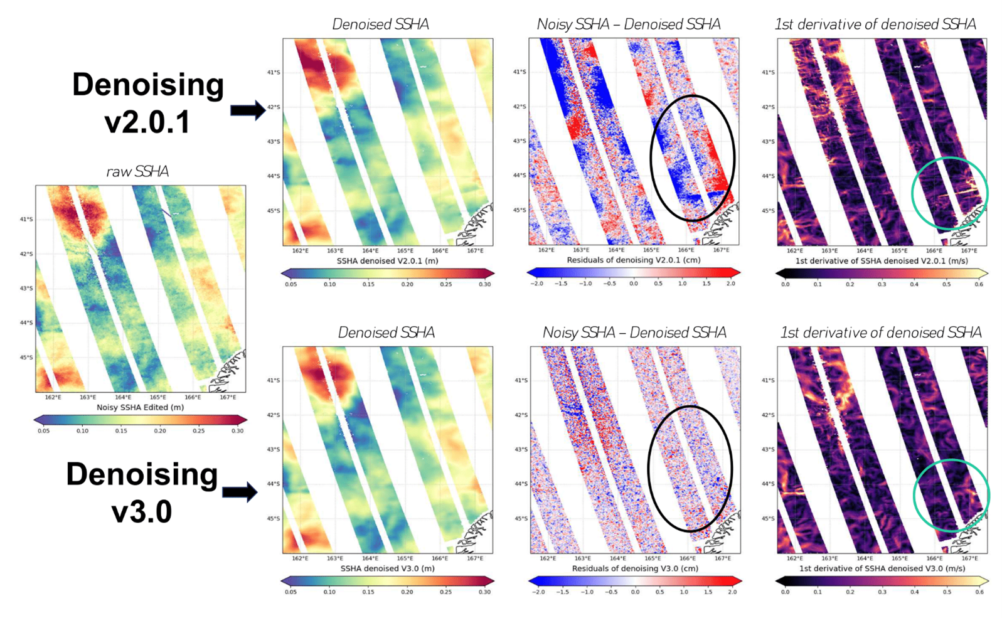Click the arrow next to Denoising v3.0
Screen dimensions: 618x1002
[x=240, y=491]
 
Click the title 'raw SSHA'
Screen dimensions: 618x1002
[x=137, y=172]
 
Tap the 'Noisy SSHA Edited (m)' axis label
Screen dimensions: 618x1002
[x=140, y=407]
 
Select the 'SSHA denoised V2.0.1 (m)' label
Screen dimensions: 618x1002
[x=387, y=260]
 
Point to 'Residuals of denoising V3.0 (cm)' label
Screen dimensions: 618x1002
[x=633, y=568]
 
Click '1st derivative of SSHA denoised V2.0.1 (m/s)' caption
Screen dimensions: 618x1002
[x=881, y=260]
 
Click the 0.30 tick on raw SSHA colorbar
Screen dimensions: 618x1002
[x=237, y=431]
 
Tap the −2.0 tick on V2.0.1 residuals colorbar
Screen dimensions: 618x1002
[x=536, y=284]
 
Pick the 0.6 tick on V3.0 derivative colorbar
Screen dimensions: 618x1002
[x=978, y=592]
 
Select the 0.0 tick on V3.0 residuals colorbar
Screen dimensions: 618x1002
[x=636, y=592]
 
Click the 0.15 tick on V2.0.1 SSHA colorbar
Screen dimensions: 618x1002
[x=368, y=284]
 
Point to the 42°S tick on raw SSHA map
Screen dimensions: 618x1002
[x=26, y=254]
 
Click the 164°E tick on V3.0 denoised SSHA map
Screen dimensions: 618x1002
[x=370, y=558]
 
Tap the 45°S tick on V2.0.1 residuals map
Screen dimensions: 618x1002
[x=519, y=210]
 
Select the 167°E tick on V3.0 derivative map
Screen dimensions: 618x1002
[x=969, y=558]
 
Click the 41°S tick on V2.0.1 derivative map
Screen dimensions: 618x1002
[x=768, y=72]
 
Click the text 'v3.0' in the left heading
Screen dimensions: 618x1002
[x=142, y=511]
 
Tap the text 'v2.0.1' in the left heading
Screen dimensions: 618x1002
[x=147, y=122]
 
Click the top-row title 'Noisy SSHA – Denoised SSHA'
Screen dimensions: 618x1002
[x=628, y=24]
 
